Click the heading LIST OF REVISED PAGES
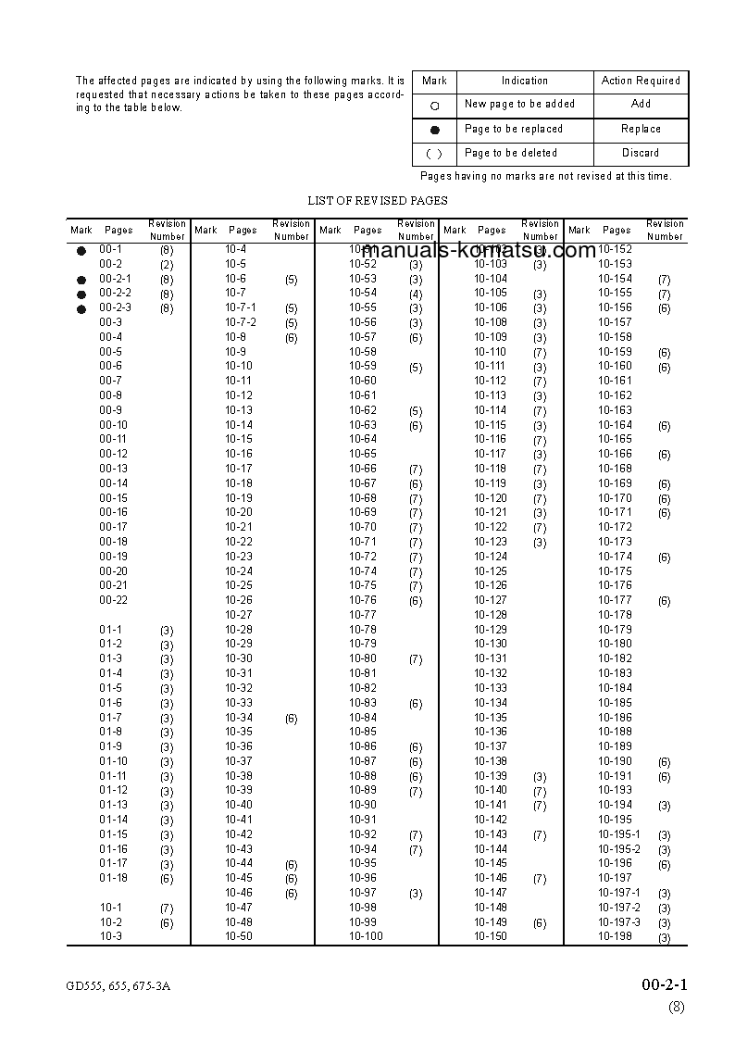click(x=377, y=200)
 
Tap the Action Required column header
click(x=641, y=81)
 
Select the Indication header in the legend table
click(x=525, y=81)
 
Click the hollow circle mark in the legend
click(x=434, y=106)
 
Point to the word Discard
click(x=641, y=153)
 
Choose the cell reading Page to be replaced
click(x=514, y=129)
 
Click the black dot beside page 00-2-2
click(x=81, y=294)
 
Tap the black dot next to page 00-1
click(x=81, y=250)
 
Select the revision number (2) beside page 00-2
click(x=167, y=265)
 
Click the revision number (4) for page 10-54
click(x=416, y=294)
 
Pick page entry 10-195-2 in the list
click(x=618, y=848)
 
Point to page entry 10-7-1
click(x=241, y=307)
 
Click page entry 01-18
click(x=114, y=877)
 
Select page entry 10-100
click(x=366, y=936)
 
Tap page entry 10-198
click(x=615, y=936)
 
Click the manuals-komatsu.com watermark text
click(x=479, y=251)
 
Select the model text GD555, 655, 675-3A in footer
click(x=118, y=986)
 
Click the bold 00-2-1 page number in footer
click(x=664, y=984)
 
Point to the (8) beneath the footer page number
click(x=677, y=1008)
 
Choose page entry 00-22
click(x=114, y=600)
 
